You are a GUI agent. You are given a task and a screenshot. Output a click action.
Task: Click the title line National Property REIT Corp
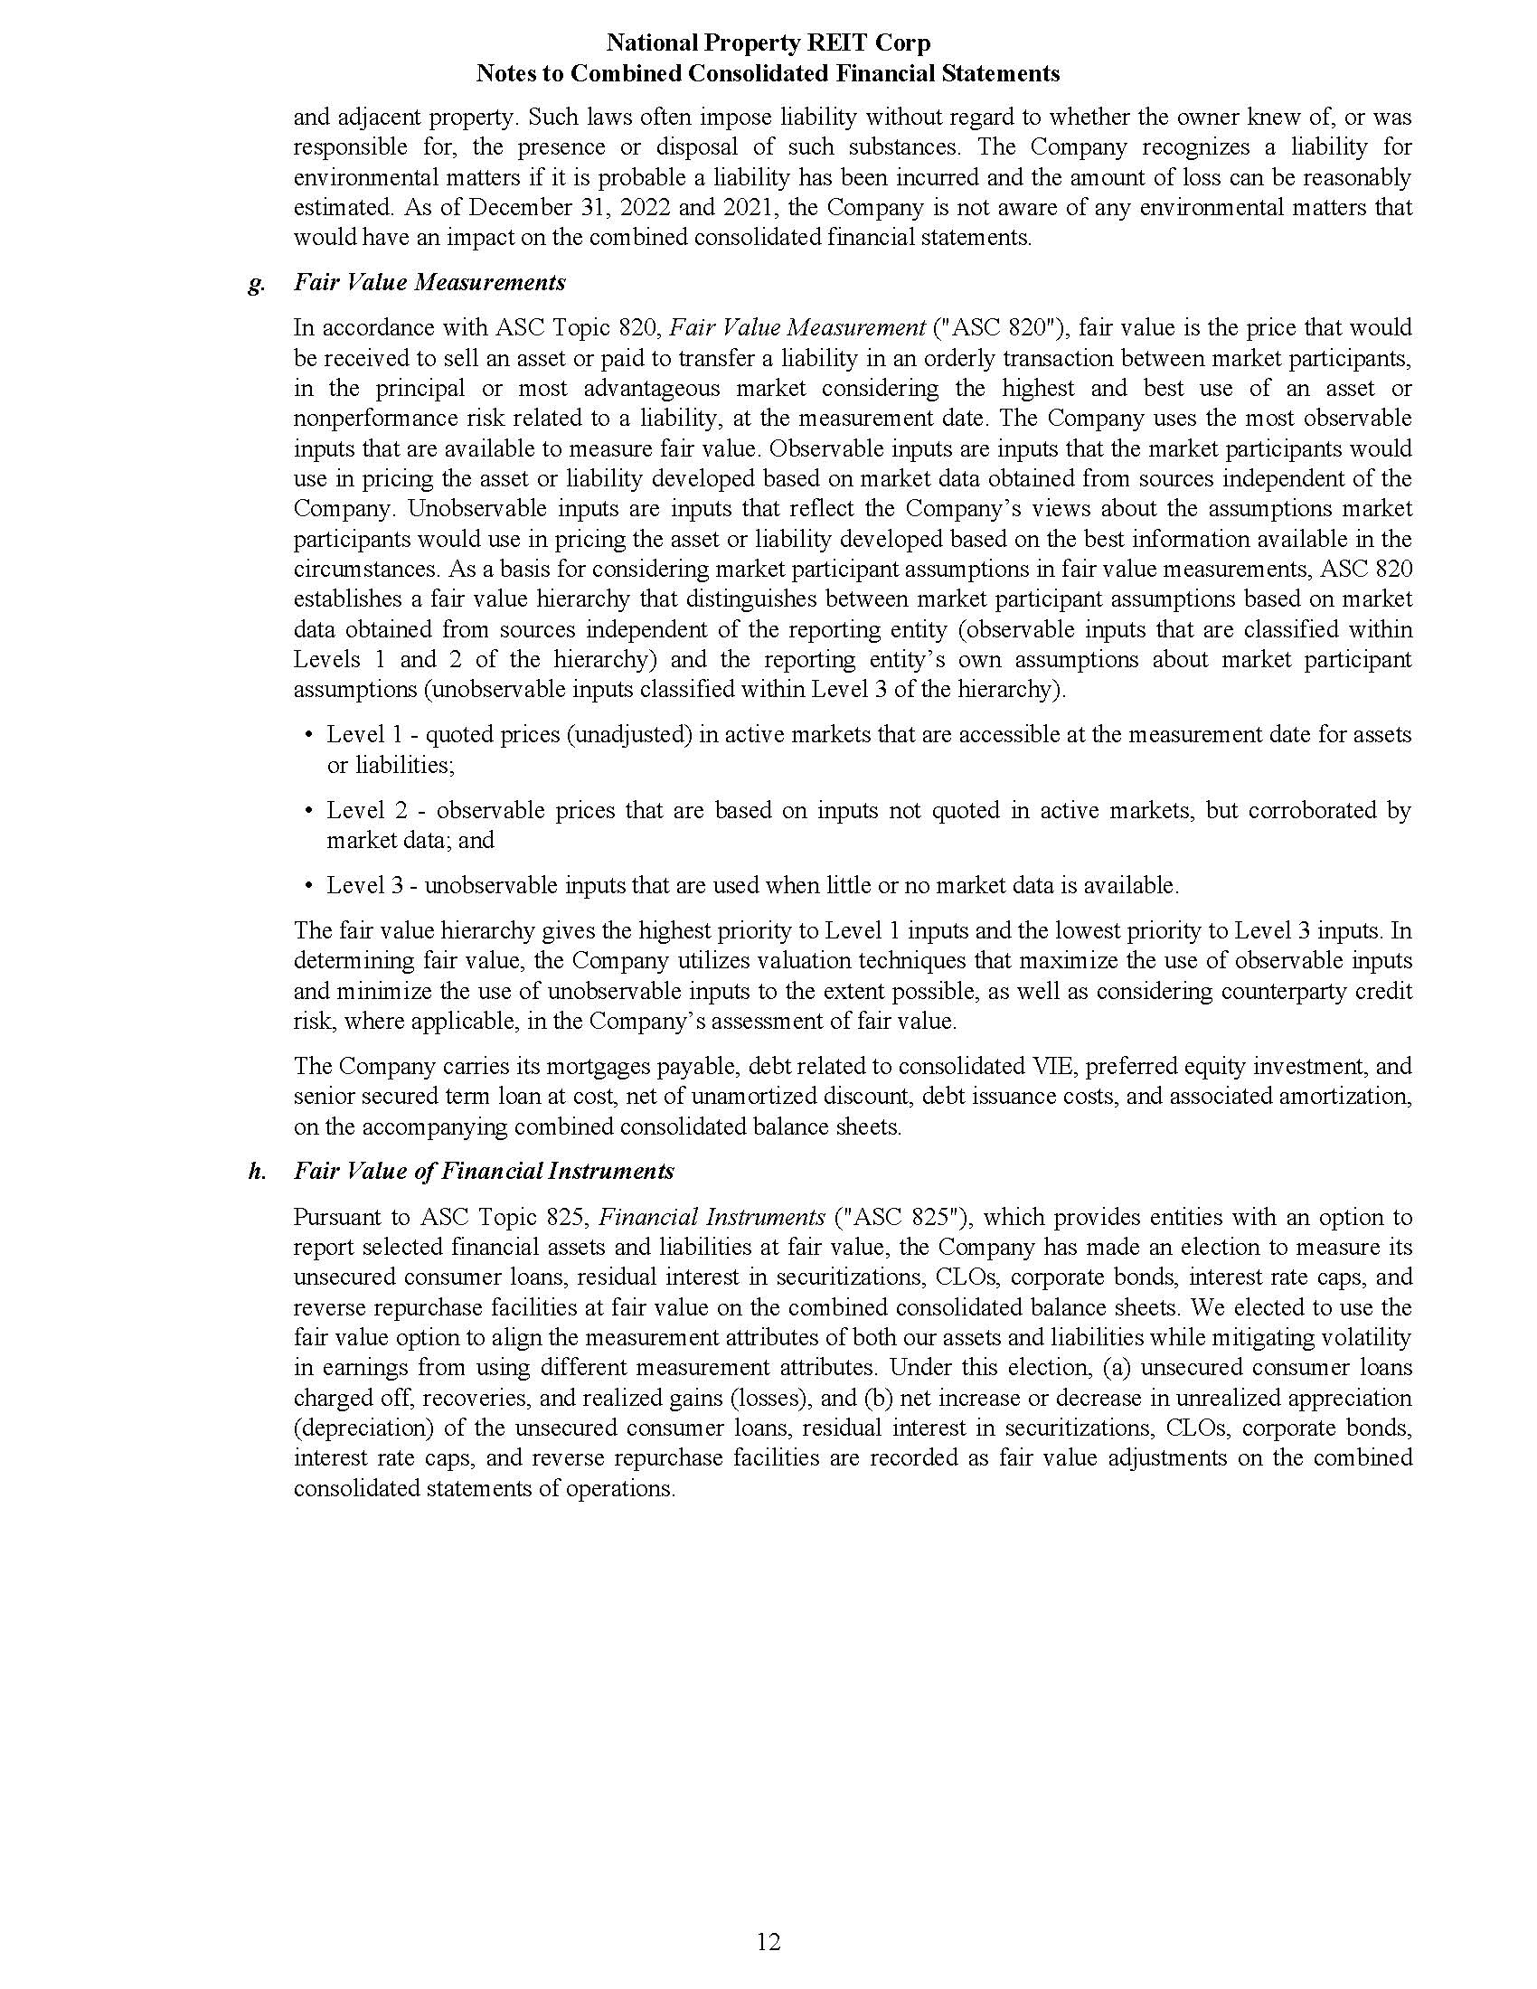point(768,42)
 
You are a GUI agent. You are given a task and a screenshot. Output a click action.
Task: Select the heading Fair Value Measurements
point(429,282)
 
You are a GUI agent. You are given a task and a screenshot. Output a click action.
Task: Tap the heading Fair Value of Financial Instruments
point(484,1171)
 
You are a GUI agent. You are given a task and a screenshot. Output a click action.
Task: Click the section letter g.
point(256,284)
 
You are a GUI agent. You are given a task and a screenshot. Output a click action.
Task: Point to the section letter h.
point(257,1171)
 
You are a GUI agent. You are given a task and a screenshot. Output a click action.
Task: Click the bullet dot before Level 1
point(308,735)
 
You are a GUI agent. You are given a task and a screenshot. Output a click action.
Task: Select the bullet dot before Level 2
point(308,811)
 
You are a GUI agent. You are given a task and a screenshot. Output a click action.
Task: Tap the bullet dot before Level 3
point(308,885)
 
